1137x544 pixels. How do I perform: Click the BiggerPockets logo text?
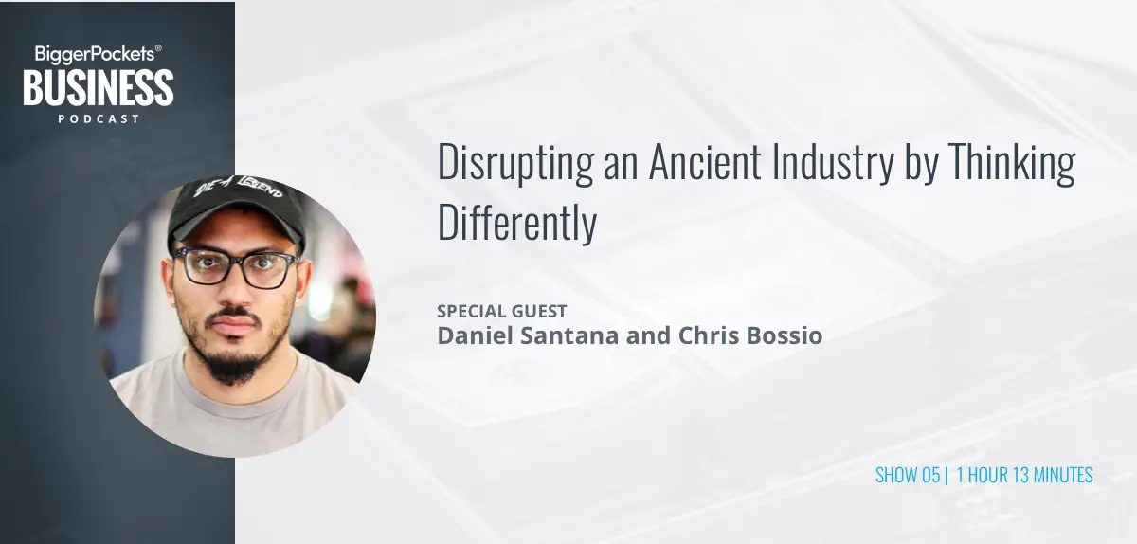tap(95, 54)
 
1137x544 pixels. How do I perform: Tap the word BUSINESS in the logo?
tap(99, 88)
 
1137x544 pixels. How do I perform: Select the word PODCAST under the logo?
tap(99, 118)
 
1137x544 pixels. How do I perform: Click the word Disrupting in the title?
tap(515, 163)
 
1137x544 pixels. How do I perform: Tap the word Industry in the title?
tap(833, 163)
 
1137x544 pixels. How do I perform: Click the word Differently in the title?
tap(517, 223)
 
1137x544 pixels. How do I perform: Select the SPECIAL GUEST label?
tap(502, 311)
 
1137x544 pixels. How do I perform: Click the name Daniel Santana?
tap(529, 335)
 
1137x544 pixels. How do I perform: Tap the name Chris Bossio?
tap(750, 335)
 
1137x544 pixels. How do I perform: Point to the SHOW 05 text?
tap(908, 475)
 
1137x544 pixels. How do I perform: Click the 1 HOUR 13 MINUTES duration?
tap(1024, 475)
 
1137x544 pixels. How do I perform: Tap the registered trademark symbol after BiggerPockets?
tap(158, 48)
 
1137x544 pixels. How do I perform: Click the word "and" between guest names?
tap(648, 335)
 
